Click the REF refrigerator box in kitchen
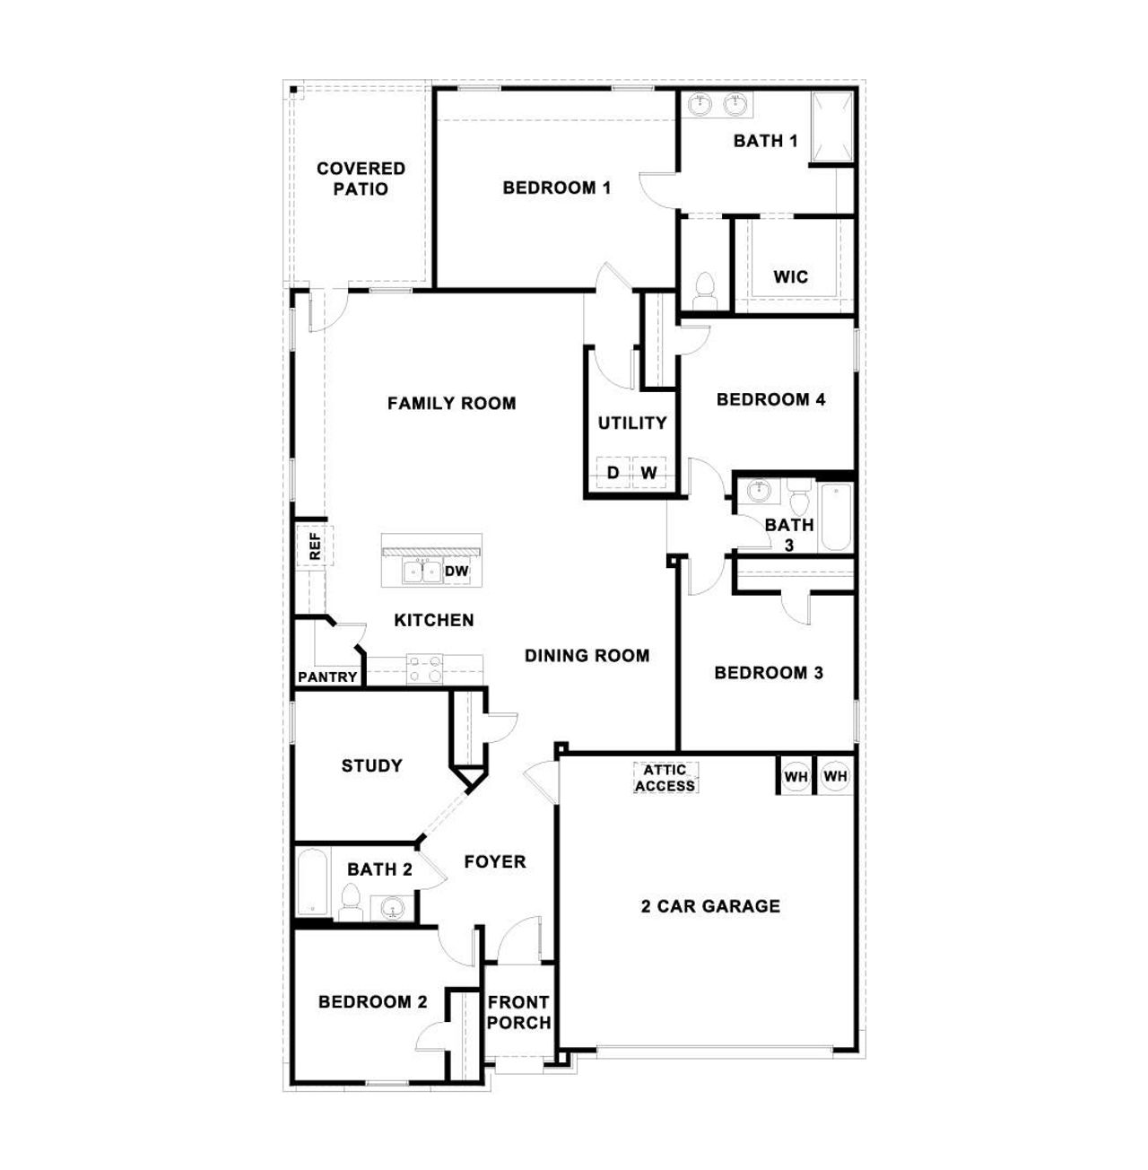315,546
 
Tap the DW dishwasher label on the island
457,571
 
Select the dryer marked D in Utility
613,473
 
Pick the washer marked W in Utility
648,473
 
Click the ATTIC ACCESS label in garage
665,778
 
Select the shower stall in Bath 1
831,127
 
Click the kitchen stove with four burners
425,668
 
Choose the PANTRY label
327,677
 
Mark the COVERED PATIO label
361,179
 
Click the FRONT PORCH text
518,1012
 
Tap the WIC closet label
790,277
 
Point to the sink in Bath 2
392,909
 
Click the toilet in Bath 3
799,495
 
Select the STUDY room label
371,765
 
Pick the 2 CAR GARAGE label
710,906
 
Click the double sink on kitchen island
422,572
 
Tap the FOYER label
494,862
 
